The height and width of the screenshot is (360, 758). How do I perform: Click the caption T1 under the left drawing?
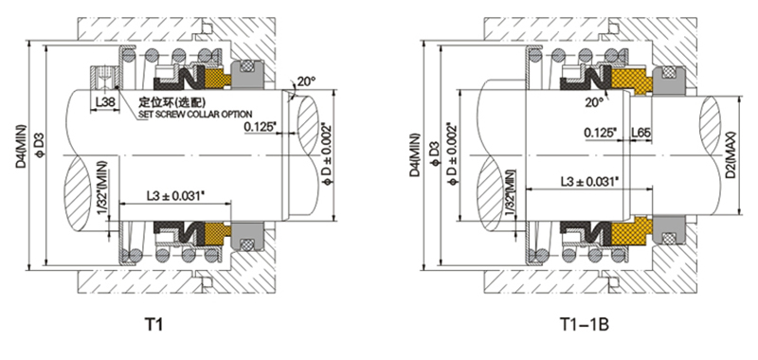pos(153,325)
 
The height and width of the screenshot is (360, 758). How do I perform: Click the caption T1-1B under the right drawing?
pos(584,325)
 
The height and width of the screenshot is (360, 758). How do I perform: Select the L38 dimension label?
pos(102,103)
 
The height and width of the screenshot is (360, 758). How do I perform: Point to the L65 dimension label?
pos(641,132)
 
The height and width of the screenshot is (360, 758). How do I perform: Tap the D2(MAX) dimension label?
pos(730,154)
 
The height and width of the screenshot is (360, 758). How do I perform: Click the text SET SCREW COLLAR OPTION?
pos(195,115)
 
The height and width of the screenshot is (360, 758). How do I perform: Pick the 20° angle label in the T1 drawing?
pos(306,81)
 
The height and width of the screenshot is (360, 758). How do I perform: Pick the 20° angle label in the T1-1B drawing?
pos(594,102)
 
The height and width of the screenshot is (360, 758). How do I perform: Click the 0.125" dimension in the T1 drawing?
pos(262,127)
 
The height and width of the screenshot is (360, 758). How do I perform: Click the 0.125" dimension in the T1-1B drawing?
pos(601,132)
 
